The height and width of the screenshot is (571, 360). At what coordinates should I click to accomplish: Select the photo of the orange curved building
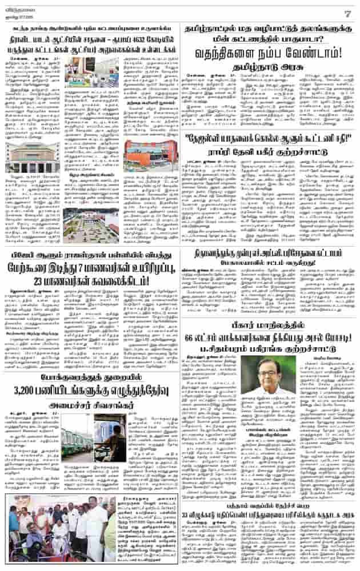(147, 154)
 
